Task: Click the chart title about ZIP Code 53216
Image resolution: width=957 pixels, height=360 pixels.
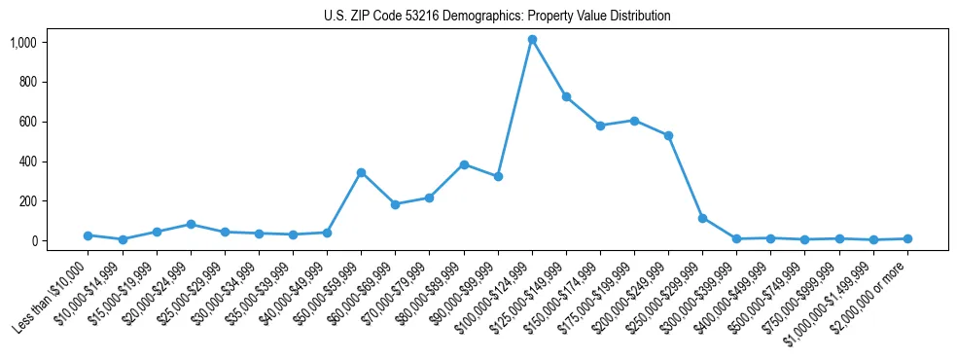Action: [497, 17]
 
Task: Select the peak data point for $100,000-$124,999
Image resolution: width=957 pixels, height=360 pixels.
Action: [532, 40]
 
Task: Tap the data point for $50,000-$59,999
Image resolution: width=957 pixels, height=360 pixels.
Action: [361, 172]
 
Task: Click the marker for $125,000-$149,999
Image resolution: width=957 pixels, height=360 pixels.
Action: [566, 96]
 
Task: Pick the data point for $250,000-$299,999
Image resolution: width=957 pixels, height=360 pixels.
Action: [702, 218]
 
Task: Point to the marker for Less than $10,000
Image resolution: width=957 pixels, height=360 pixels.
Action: [88, 235]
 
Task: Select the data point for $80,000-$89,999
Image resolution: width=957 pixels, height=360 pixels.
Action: [464, 164]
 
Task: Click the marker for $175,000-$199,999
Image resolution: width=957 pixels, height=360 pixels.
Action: [634, 121]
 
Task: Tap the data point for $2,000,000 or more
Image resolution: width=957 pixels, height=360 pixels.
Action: [907, 238]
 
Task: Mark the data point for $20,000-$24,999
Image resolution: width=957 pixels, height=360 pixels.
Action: [191, 224]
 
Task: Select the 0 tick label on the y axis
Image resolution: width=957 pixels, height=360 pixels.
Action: [32, 240]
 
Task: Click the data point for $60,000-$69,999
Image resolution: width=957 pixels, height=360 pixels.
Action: [395, 204]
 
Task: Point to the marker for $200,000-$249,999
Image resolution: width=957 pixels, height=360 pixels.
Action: [668, 135]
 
